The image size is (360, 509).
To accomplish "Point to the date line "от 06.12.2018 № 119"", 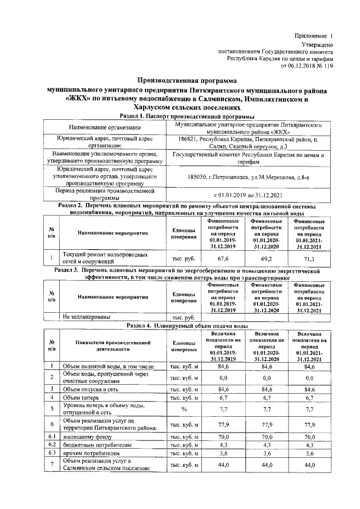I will [307, 65].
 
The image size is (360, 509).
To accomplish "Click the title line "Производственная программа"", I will [187, 81].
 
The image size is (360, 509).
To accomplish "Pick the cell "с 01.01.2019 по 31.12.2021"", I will [249, 195].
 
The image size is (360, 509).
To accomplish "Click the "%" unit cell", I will [183, 409].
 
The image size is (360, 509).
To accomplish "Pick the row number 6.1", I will [51, 436].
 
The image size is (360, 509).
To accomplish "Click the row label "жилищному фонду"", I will [87, 436].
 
